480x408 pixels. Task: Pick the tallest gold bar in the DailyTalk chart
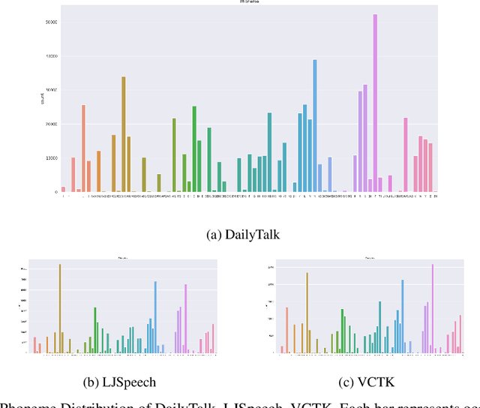[124, 134]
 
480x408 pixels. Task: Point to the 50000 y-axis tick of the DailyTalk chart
[51, 22]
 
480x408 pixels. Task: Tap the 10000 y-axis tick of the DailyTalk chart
[51, 158]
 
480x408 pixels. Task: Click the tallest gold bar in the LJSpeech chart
[60, 308]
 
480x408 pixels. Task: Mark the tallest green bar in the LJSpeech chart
[95, 330]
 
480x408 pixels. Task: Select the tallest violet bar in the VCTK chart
[432, 308]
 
